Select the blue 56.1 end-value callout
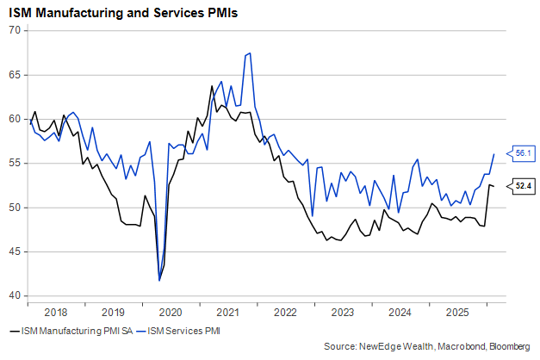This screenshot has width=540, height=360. click(522, 153)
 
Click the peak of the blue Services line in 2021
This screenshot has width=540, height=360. click(250, 53)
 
